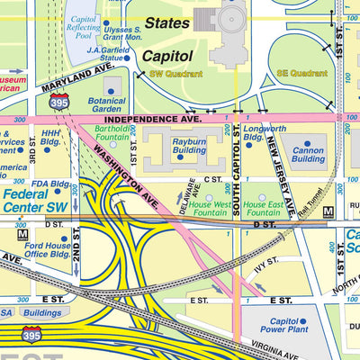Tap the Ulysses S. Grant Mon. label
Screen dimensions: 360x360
click(x=122, y=34)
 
